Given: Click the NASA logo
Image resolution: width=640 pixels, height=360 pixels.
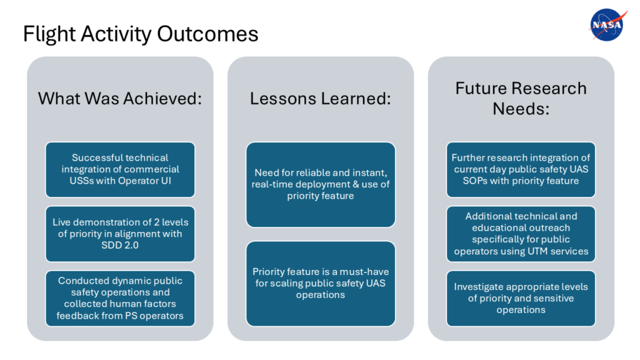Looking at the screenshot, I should [x=606, y=26].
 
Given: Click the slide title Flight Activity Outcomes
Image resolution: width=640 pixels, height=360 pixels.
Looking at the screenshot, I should [x=141, y=34].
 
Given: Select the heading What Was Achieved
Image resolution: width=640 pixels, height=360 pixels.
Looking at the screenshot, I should [x=120, y=99].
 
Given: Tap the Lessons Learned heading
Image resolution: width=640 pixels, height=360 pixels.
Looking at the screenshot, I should [x=320, y=99].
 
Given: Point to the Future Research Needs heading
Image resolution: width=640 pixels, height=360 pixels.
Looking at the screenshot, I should [x=521, y=98].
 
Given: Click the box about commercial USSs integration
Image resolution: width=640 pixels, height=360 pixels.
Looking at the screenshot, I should [x=120, y=169].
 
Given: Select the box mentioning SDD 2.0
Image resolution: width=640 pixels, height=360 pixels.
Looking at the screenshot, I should [x=120, y=234].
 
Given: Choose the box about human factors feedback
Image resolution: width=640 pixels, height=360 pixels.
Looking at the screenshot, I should [x=120, y=298].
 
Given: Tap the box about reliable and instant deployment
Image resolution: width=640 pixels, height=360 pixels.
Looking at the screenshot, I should [x=321, y=184].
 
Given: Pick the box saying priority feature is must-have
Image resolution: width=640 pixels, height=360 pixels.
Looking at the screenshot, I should [x=321, y=283].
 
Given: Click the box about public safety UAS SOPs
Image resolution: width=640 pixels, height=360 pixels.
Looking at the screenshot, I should [x=521, y=169].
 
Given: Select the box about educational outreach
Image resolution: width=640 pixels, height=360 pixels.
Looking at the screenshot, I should [x=521, y=234].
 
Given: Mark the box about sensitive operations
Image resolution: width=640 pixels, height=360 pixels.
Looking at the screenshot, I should [x=521, y=298].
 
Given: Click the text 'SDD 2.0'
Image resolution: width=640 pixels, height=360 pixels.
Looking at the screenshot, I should [x=121, y=246].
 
